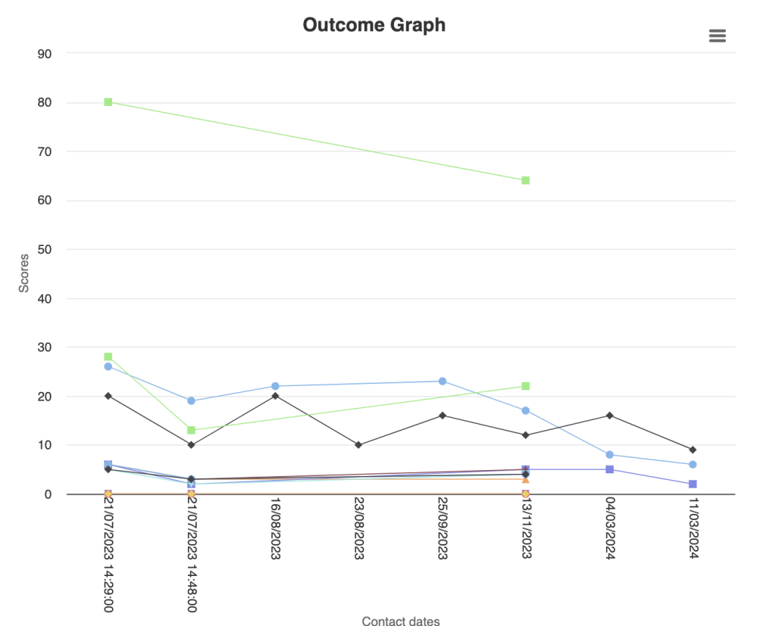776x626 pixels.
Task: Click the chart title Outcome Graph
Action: [374, 25]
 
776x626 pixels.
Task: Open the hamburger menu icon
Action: [717, 36]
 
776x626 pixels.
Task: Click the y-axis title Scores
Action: [24, 273]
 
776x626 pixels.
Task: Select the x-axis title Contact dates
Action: [400, 621]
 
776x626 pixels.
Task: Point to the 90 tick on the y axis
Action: [43, 54]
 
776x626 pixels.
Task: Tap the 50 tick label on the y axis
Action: [43, 249]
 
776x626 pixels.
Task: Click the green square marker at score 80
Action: [108, 102]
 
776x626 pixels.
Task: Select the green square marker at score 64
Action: [525, 180]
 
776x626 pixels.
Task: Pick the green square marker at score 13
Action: [192, 430]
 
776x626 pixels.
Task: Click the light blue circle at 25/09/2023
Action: [442, 382]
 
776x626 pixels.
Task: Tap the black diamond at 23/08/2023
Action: [358, 445]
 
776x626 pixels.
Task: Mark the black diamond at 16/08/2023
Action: [275, 396]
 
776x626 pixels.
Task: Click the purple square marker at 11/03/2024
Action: [693, 484]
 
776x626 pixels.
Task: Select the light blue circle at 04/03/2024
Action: [609, 455]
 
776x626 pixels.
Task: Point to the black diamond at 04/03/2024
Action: [609, 416]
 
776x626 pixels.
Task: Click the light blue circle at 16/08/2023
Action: [275, 386]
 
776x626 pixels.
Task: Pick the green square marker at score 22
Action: [525, 386]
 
